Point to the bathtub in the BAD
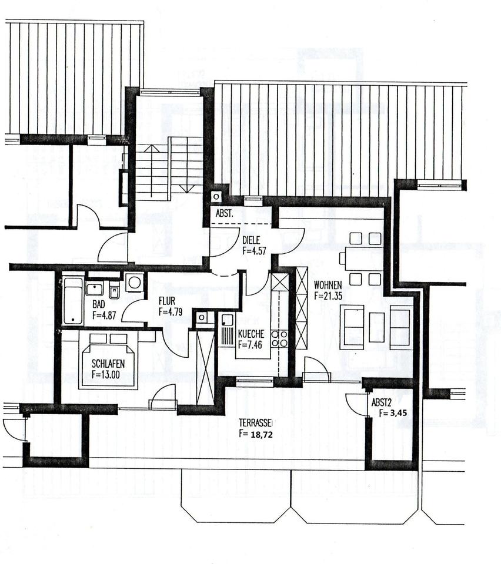[x=74, y=300]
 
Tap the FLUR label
[x=167, y=303]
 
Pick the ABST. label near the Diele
[x=223, y=214]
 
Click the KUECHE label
[x=250, y=334]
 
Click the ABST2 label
[x=382, y=403]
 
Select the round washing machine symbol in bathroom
[x=135, y=283]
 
